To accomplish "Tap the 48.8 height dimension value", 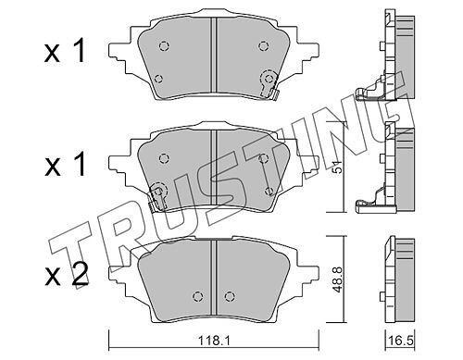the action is [x=338, y=279].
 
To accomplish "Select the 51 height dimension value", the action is [x=338, y=167].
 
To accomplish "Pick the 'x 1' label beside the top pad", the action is [x=65, y=52].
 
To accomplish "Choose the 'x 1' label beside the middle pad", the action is [x=65, y=165].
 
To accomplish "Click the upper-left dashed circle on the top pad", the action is [x=164, y=46].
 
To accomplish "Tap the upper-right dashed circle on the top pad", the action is [x=263, y=46].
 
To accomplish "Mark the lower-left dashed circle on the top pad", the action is [x=158, y=79].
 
